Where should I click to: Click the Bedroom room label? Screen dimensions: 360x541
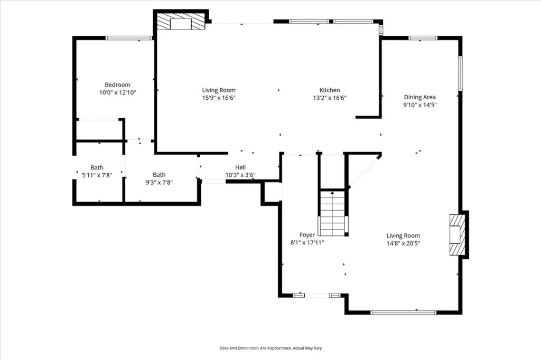pos(117,85)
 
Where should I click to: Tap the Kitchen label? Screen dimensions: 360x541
pos(330,90)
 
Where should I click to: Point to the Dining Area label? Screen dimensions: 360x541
pos(420,97)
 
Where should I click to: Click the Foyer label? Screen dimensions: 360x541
pos(307,235)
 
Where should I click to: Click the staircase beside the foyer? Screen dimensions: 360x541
pos(333,213)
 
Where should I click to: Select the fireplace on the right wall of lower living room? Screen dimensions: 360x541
pos(456,234)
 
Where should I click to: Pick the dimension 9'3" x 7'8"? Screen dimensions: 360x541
pos(159,183)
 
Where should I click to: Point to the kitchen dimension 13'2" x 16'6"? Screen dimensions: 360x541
pos(330,98)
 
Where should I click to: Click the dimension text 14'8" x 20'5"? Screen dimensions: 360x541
pos(403,243)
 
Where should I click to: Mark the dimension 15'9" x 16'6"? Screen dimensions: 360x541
pos(219,98)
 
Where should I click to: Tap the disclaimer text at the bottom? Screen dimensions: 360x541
pos(270,348)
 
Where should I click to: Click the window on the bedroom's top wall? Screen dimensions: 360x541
pos(129,37)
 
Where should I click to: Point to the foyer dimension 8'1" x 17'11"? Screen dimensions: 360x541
pos(307,243)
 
